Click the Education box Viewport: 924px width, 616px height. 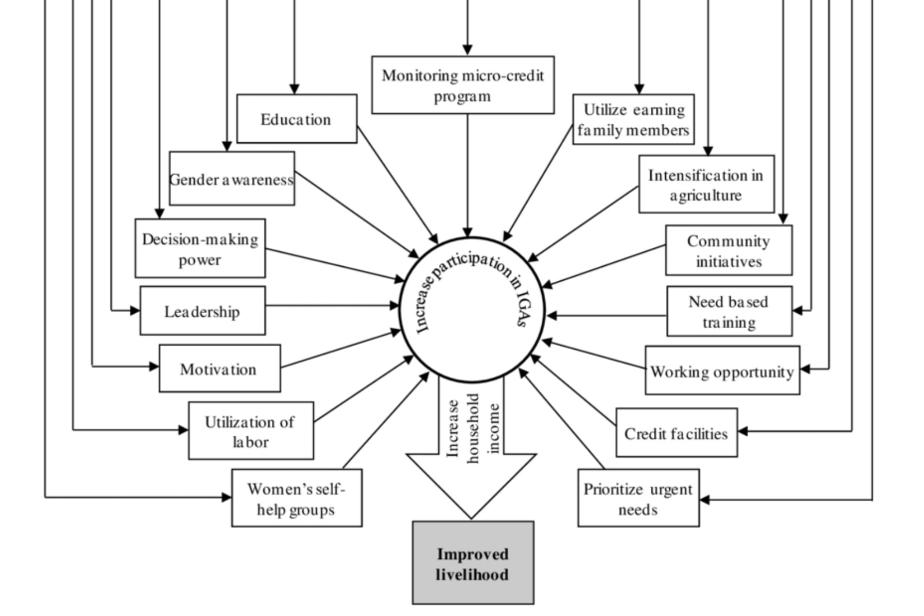point(297,119)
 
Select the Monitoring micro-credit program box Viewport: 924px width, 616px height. point(463,85)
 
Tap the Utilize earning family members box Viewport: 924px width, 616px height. point(634,120)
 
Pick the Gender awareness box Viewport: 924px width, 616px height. point(232,179)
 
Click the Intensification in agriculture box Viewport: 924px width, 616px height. point(706,184)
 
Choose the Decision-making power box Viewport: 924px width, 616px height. point(200,248)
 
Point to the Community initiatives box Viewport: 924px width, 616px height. point(729,251)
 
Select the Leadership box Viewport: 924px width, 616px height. point(202,311)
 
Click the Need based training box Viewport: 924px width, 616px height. point(729,311)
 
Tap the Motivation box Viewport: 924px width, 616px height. point(219,369)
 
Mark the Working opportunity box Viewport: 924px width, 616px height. point(722,371)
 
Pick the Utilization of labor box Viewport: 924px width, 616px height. point(251,431)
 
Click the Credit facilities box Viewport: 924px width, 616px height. point(676,433)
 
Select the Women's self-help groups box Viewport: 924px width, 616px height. point(296,498)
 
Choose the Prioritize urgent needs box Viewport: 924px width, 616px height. point(638,498)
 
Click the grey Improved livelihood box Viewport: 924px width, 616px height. point(473,563)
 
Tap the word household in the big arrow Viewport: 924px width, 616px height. point(474,428)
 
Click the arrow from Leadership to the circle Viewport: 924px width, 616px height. point(332,305)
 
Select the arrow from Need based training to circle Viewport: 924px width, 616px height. point(606,316)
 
